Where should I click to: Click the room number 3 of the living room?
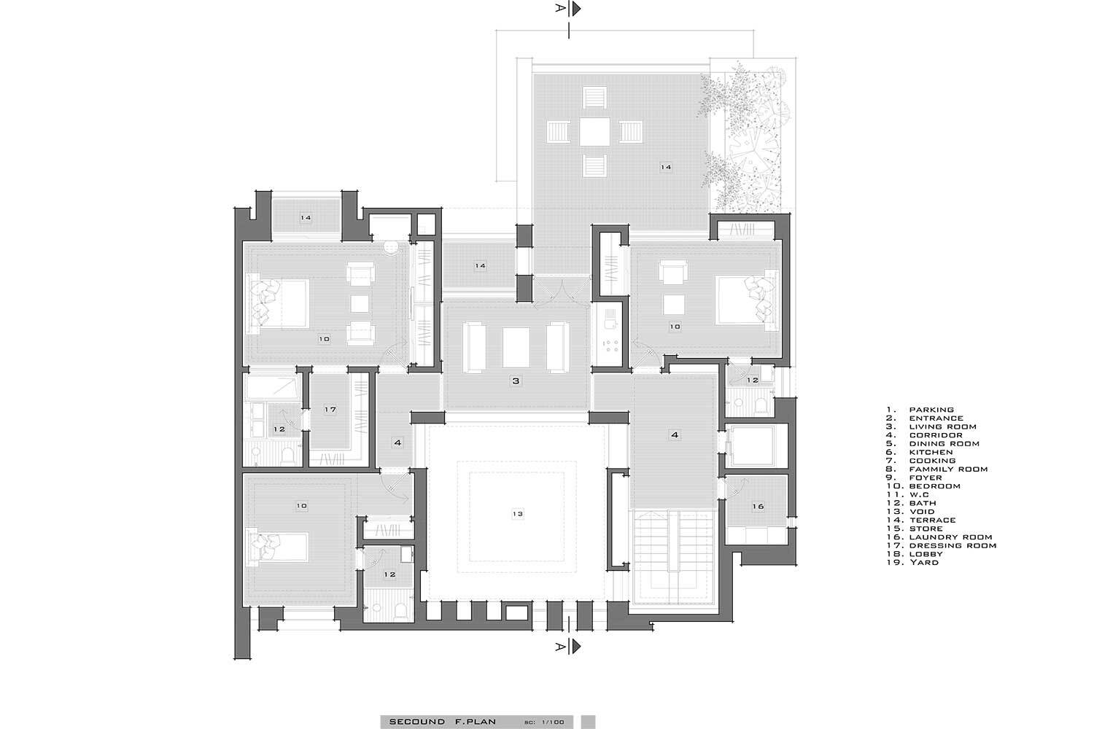(x=516, y=381)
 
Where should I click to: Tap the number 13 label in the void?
(x=518, y=514)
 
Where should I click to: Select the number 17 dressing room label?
(x=330, y=409)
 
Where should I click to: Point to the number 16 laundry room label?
(x=758, y=507)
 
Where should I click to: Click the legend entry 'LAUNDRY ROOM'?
(x=950, y=537)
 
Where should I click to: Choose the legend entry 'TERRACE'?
(x=932, y=520)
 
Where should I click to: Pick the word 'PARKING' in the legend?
(x=931, y=410)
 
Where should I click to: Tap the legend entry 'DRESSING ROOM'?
(x=953, y=545)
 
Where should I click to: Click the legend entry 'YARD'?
(x=924, y=563)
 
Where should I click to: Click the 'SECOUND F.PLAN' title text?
(x=443, y=722)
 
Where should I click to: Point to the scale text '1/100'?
(x=553, y=722)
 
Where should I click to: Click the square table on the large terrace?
(x=594, y=131)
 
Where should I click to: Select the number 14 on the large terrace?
(x=666, y=167)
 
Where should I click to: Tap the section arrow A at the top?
(x=576, y=8)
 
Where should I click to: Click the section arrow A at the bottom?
(x=576, y=647)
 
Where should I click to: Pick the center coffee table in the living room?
(x=516, y=348)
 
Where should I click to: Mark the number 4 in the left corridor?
(x=397, y=443)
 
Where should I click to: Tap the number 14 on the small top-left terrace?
(x=306, y=218)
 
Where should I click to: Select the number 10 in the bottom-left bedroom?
(x=301, y=506)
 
